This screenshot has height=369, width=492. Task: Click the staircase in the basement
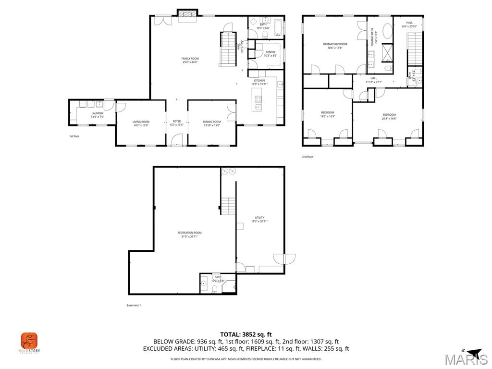tap(228, 207)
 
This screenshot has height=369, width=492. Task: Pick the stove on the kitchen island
tap(258, 100)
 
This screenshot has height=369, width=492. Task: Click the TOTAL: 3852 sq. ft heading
tap(246, 334)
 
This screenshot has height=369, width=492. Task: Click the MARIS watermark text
tap(466, 359)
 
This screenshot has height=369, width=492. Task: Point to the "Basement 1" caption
tap(133, 305)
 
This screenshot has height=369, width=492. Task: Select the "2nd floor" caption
tap(307, 157)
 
